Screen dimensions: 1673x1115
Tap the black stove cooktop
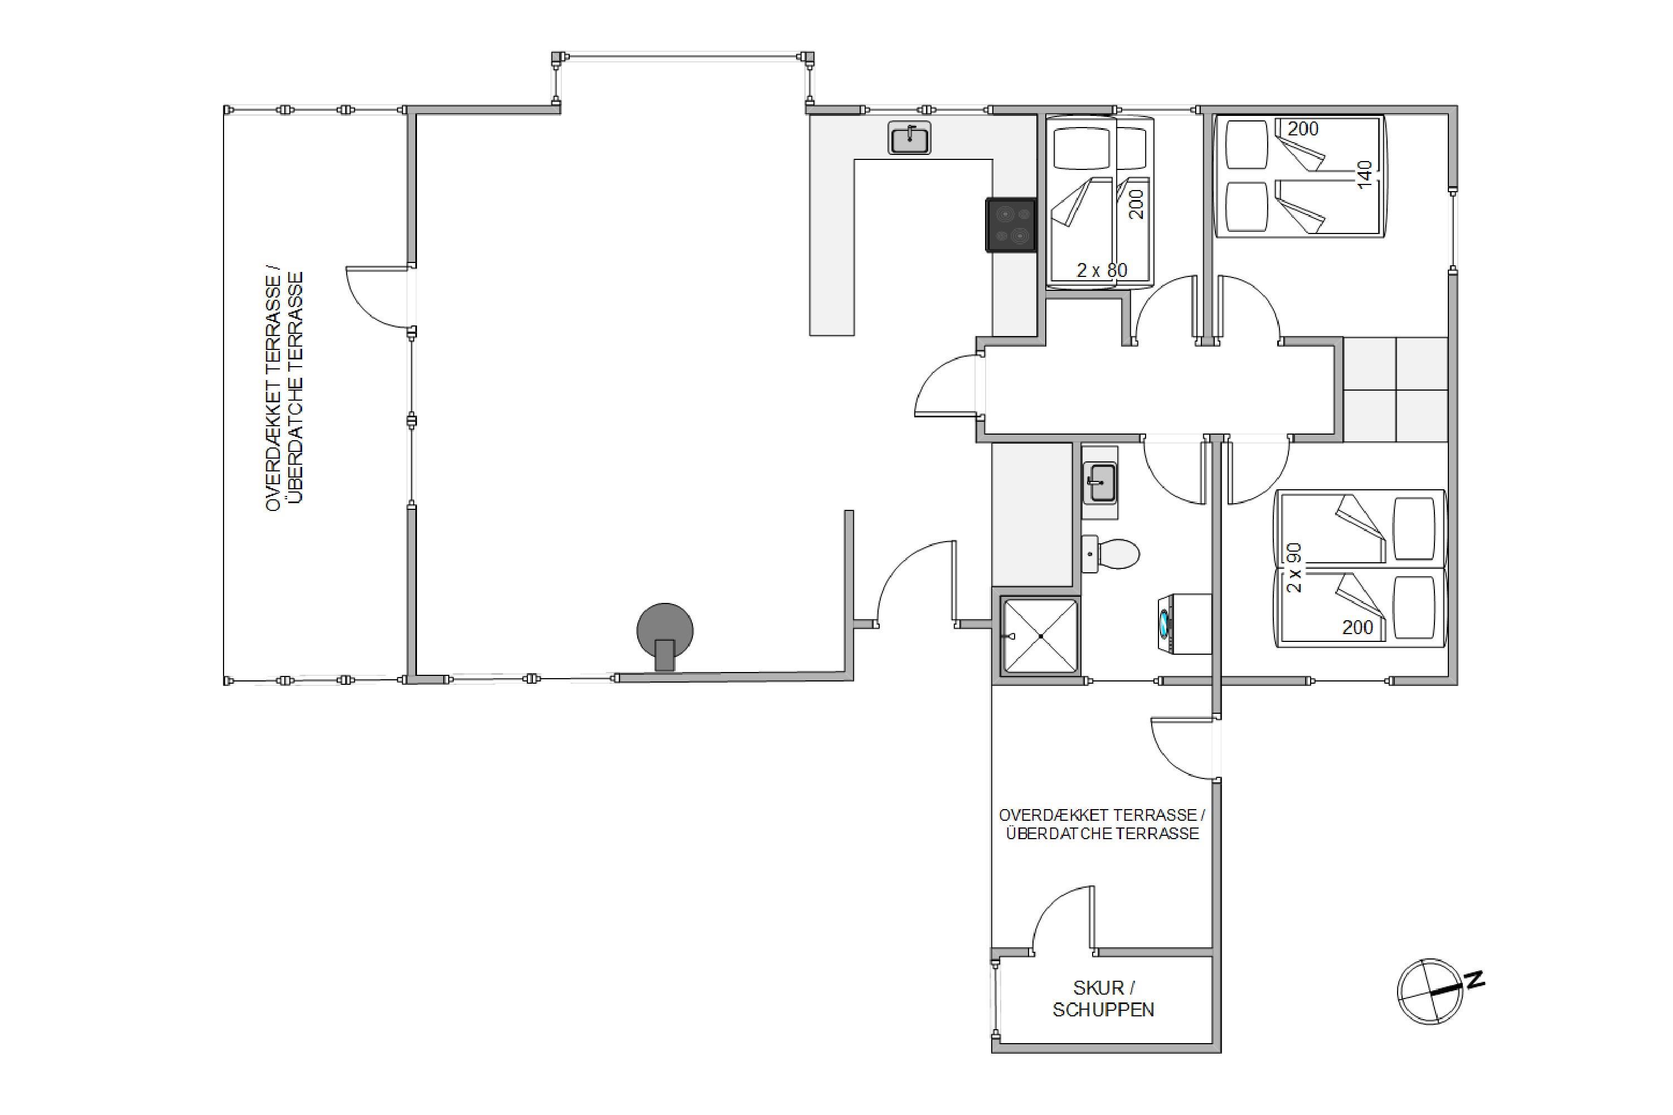[x=1011, y=225]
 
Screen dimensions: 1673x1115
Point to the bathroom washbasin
[x=1100, y=483]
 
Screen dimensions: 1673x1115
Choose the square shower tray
[x=1040, y=636]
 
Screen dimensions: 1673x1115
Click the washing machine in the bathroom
[x=1184, y=624]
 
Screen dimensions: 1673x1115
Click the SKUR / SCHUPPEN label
[x=1103, y=999]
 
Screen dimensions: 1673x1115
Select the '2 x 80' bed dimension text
[x=1102, y=270]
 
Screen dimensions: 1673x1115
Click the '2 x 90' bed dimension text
[x=1294, y=568]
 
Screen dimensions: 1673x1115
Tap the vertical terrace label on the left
[x=284, y=391]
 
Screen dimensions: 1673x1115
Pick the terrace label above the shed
[x=1102, y=824]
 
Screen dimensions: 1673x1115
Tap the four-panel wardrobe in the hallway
[x=1395, y=389]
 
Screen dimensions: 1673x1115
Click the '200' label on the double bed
[x=1303, y=129]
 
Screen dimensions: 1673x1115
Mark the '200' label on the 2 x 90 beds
[x=1358, y=627]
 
